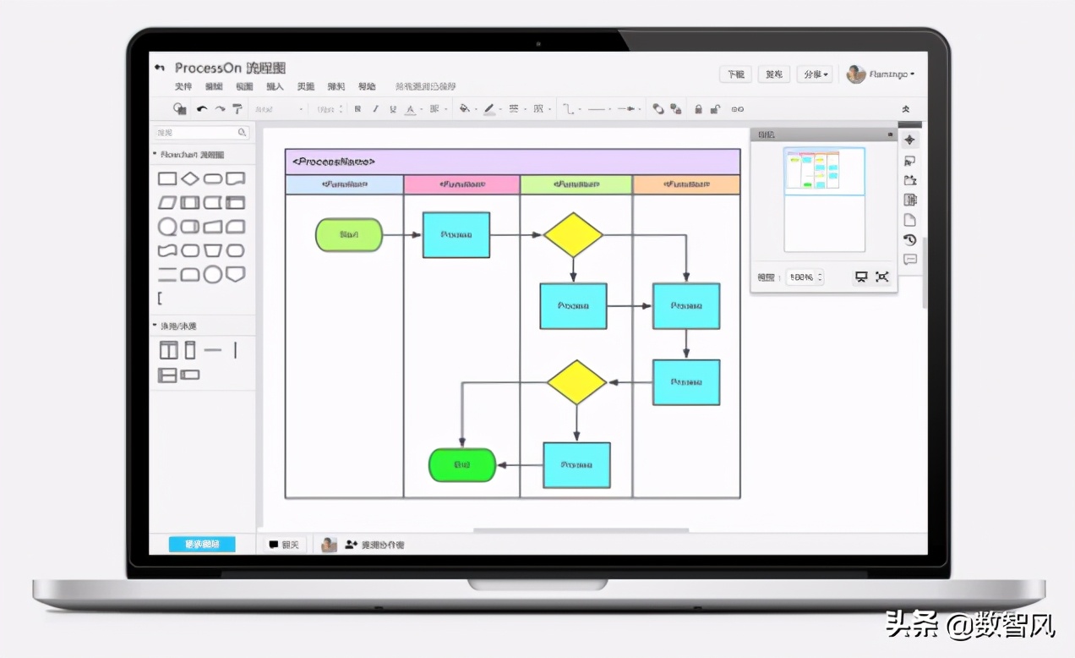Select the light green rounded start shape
click(x=349, y=235)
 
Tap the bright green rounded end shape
click(x=461, y=465)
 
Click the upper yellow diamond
click(x=573, y=235)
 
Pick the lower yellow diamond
click(x=576, y=382)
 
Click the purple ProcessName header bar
click(x=512, y=162)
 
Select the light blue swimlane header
click(x=344, y=184)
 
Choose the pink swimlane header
click(x=461, y=184)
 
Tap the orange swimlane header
click(x=686, y=184)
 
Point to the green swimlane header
click(x=576, y=184)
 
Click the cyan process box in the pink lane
click(x=456, y=235)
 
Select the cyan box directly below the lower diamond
click(x=576, y=465)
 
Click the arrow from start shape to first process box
click(x=402, y=235)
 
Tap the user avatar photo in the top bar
click(x=856, y=74)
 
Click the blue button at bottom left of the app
click(x=202, y=545)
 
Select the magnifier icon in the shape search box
click(x=242, y=133)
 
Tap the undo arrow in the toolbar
click(x=202, y=109)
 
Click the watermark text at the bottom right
click(x=971, y=625)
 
